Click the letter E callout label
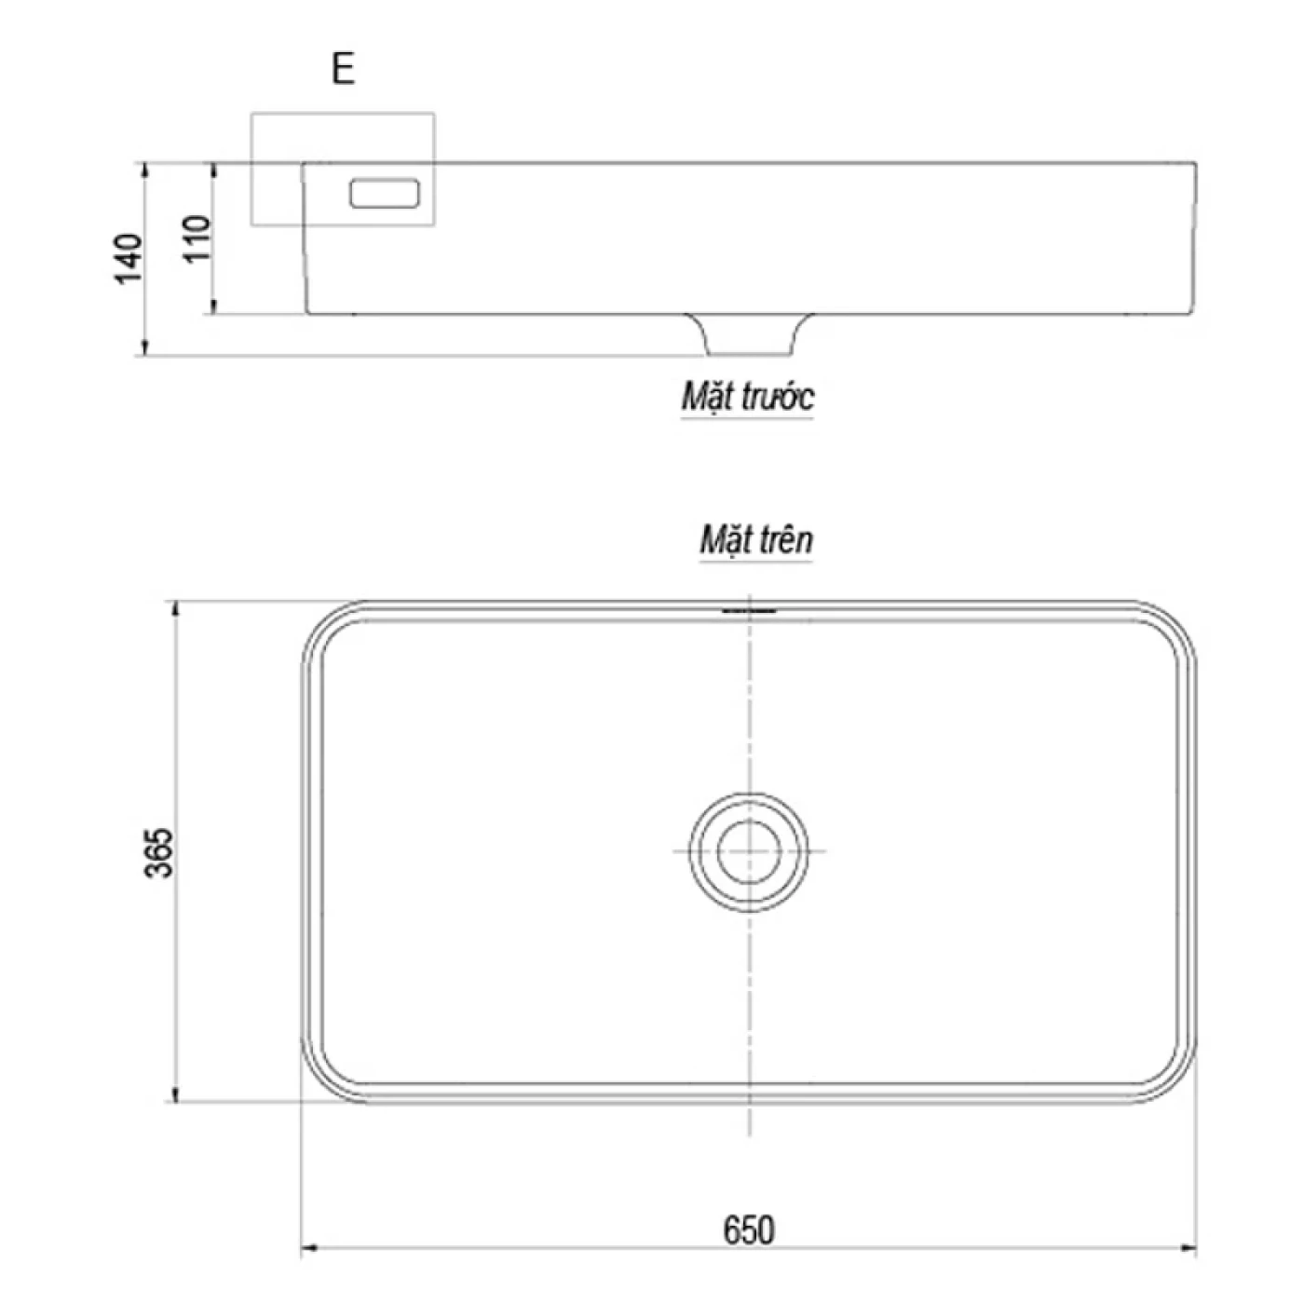343,68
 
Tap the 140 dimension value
128,259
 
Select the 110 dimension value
197,238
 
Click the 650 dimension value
749,1230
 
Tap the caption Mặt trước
747,397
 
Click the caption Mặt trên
756,540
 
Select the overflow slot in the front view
385,194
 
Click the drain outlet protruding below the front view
748,334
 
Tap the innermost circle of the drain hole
749,821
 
